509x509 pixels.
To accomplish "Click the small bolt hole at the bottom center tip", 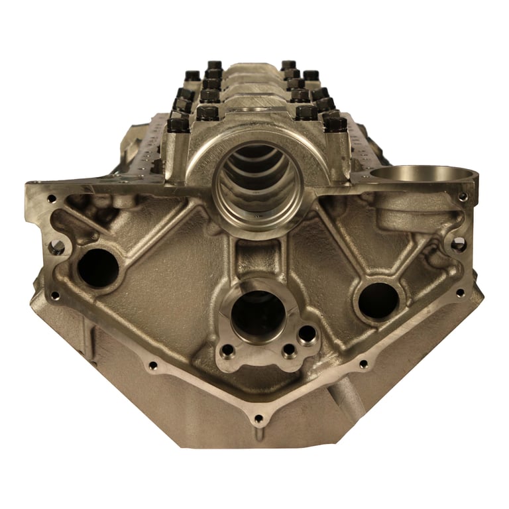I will pos(258,419).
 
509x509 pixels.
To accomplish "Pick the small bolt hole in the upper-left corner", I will pos(51,198).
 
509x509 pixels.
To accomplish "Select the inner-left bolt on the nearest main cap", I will pos(207,113).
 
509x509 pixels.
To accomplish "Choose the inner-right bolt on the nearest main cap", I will pos(306,113).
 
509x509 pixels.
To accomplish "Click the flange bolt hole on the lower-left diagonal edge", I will pos(153,365).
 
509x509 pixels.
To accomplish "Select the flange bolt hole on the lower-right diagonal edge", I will pos(363,364).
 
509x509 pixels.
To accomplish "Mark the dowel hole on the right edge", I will pos(459,245).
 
